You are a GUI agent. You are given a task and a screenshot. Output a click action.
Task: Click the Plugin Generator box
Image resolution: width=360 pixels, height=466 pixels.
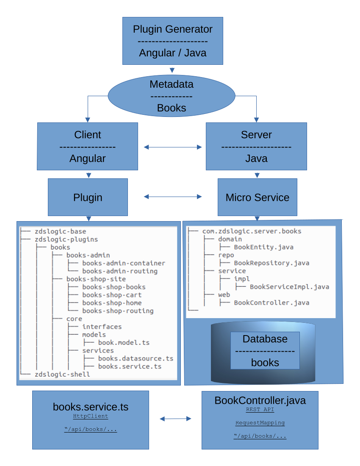coord(172,41)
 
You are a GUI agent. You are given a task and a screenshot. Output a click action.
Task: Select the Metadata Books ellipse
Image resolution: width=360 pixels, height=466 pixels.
coord(172,96)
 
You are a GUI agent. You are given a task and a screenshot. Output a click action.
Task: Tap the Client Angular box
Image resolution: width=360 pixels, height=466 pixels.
coord(88,146)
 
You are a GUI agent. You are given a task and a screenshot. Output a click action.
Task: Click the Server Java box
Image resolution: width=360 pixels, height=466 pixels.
coord(256,146)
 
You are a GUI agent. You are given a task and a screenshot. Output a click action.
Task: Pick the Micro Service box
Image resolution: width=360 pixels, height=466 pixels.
coord(257,197)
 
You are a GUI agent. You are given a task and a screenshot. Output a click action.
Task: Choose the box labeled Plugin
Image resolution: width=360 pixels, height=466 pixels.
coord(88,197)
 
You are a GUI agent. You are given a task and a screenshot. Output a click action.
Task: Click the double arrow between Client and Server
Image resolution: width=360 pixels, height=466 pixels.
coord(172,147)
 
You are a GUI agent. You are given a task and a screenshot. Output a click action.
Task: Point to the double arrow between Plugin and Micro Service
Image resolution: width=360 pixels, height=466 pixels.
coord(172,197)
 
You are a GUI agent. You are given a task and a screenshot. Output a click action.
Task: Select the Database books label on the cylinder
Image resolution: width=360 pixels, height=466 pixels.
coord(265,350)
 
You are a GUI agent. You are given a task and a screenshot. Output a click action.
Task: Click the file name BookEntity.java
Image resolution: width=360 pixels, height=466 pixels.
coord(263,247)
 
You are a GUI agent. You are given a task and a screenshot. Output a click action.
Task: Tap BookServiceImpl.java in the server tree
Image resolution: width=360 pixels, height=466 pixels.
coord(289,287)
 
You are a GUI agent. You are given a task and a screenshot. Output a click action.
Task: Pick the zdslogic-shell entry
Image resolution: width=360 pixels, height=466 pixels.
coord(62,374)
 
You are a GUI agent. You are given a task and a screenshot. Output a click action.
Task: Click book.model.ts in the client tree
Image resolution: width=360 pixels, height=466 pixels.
coord(124,343)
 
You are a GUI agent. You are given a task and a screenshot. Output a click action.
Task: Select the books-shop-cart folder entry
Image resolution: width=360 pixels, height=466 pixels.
coord(112,295)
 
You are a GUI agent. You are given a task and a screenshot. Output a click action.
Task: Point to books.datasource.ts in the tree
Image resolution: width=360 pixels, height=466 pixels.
coord(136,358)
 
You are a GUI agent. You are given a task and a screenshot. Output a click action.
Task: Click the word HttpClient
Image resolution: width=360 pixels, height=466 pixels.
coord(91,416)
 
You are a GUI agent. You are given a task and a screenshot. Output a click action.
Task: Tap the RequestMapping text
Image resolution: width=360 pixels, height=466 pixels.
coord(260,423)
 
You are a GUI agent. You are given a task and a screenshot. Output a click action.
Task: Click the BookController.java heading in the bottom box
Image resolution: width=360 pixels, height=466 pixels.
coord(260,400)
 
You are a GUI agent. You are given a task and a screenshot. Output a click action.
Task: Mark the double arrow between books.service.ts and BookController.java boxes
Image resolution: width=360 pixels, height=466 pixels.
coord(175,419)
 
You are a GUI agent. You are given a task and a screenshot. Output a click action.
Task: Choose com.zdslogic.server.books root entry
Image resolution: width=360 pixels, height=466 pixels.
coord(252,231)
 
